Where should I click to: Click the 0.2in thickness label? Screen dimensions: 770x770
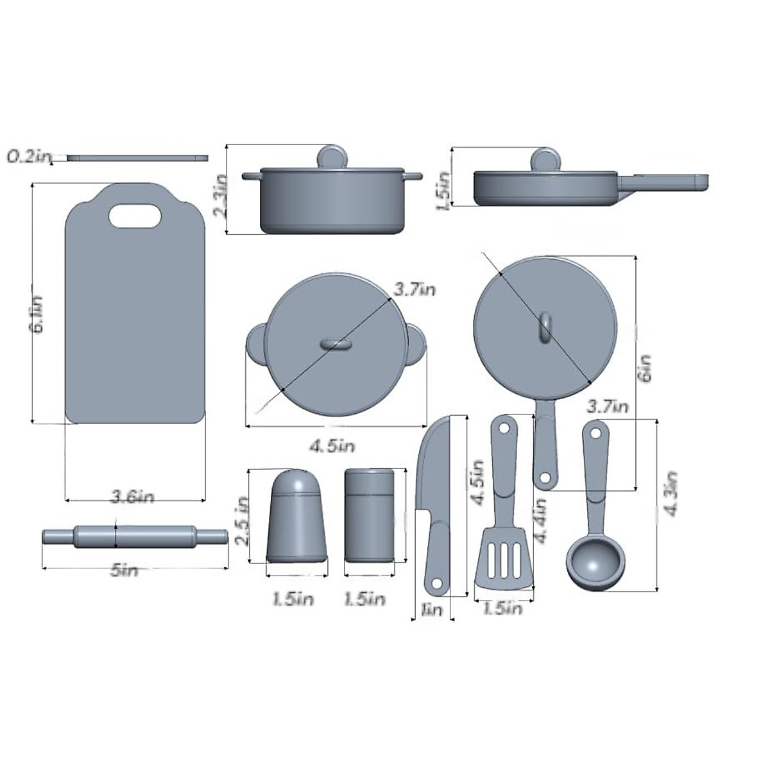(x=29, y=157)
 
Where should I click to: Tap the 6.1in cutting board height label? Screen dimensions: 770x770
(x=38, y=314)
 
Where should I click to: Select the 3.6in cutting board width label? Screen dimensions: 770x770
(x=133, y=496)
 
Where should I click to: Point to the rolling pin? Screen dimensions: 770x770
(x=135, y=536)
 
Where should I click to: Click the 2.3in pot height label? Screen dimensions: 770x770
(x=220, y=194)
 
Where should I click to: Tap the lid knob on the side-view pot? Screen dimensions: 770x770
(x=332, y=157)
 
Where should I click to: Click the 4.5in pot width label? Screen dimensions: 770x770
(x=332, y=445)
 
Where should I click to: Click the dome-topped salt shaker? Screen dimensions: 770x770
(x=297, y=517)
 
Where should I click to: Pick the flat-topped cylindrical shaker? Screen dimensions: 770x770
(x=370, y=515)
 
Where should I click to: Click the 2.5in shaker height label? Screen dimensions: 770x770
(x=242, y=521)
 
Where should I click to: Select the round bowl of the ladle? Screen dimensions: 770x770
(x=595, y=563)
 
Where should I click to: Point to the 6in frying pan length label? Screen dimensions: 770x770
(x=646, y=368)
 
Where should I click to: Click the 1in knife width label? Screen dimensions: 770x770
(x=431, y=609)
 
